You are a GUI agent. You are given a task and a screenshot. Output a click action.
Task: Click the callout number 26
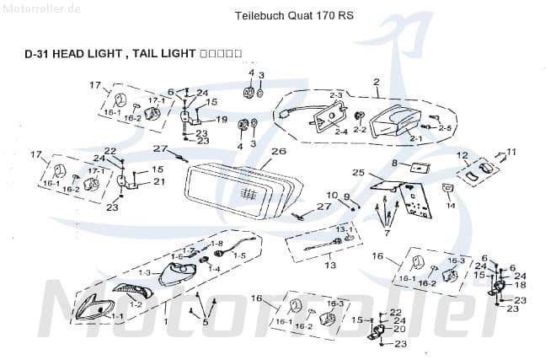(x=279, y=152)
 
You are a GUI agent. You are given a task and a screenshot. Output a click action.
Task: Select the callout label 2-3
(x=336, y=94)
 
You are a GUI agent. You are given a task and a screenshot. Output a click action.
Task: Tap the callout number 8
(x=394, y=162)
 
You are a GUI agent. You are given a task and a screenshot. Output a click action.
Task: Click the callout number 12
(x=461, y=155)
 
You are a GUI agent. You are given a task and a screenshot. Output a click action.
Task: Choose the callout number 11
(x=511, y=152)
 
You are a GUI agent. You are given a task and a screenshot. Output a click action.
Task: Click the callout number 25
(x=358, y=173)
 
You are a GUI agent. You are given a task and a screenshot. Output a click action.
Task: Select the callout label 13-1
(x=345, y=229)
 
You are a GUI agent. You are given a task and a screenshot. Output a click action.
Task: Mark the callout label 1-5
(x=239, y=255)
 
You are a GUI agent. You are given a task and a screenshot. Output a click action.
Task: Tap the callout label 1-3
(x=144, y=272)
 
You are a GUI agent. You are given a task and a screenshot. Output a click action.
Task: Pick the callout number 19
(x=222, y=120)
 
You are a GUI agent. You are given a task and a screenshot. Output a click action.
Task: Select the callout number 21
(x=159, y=181)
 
